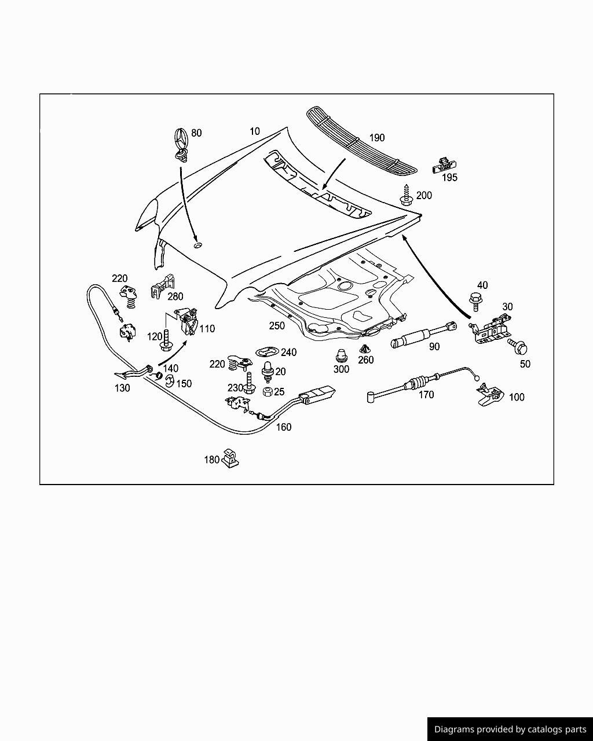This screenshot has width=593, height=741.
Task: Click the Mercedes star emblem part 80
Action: pyautogui.click(x=180, y=142)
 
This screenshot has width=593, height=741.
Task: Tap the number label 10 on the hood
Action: pyautogui.click(x=255, y=131)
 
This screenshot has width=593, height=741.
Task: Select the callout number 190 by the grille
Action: pyautogui.click(x=376, y=138)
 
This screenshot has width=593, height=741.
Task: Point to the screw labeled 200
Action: pyautogui.click(x=405, y=196)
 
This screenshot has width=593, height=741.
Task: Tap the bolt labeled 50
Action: pyautogui.click(x=518, y=347)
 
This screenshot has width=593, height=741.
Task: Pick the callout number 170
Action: pyautogui.click(x=426, y=395)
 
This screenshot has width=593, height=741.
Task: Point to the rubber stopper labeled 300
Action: pyautogui.click(x=341, y=355)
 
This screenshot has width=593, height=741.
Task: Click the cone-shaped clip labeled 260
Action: pyautogui.click(x=365, y=349)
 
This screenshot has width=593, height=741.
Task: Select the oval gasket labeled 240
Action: pyautogui.click(x=267, y=351)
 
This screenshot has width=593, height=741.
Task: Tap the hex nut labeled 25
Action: pyautogui.click(x=268, y=392)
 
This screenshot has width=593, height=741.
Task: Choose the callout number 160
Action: pyautogui.click(x=284, y=427)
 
